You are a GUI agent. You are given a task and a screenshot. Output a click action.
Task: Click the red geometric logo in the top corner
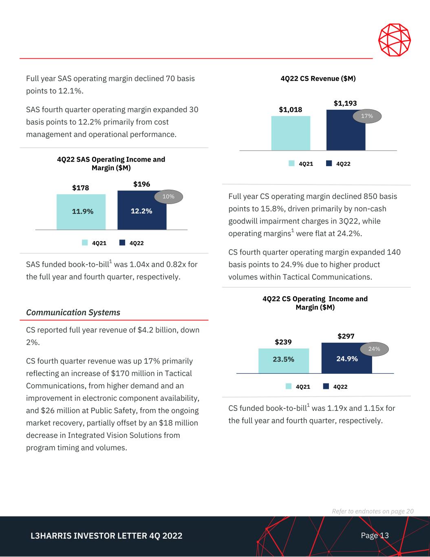click(394, 40)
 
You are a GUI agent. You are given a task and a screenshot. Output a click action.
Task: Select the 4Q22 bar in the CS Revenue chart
click(346, 133)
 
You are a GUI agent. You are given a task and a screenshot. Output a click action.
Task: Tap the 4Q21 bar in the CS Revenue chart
click(291, 133)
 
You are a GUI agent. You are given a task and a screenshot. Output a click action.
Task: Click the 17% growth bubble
click(367, 116)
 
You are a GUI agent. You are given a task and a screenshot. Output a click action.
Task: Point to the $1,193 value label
click(345, 104)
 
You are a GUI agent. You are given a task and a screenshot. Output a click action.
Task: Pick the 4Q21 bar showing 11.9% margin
click(81, 212)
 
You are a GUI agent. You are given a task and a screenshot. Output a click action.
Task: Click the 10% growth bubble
click(168, 197)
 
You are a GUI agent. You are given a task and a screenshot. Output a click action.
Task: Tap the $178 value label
click(81, 188)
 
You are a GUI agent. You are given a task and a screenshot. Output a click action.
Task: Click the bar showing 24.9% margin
click(346, 359)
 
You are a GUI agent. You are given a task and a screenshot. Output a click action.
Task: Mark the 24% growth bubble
click(374, 349)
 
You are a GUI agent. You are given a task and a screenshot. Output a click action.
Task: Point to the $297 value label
click(346, 336)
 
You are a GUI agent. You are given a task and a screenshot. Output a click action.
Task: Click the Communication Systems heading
click(73, 313)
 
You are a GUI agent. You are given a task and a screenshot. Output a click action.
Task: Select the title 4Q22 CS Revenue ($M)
click(318, 79)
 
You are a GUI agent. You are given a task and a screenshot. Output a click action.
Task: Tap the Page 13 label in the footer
click(375, 535)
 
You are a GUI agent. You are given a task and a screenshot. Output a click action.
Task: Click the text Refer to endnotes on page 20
click(373, 511)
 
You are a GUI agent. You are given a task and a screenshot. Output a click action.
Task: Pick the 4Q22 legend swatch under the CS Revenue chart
click(329, 164)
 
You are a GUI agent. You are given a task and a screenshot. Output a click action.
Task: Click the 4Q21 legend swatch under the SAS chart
click(85, 243)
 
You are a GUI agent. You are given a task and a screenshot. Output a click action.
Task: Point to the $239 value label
click(283, 342)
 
